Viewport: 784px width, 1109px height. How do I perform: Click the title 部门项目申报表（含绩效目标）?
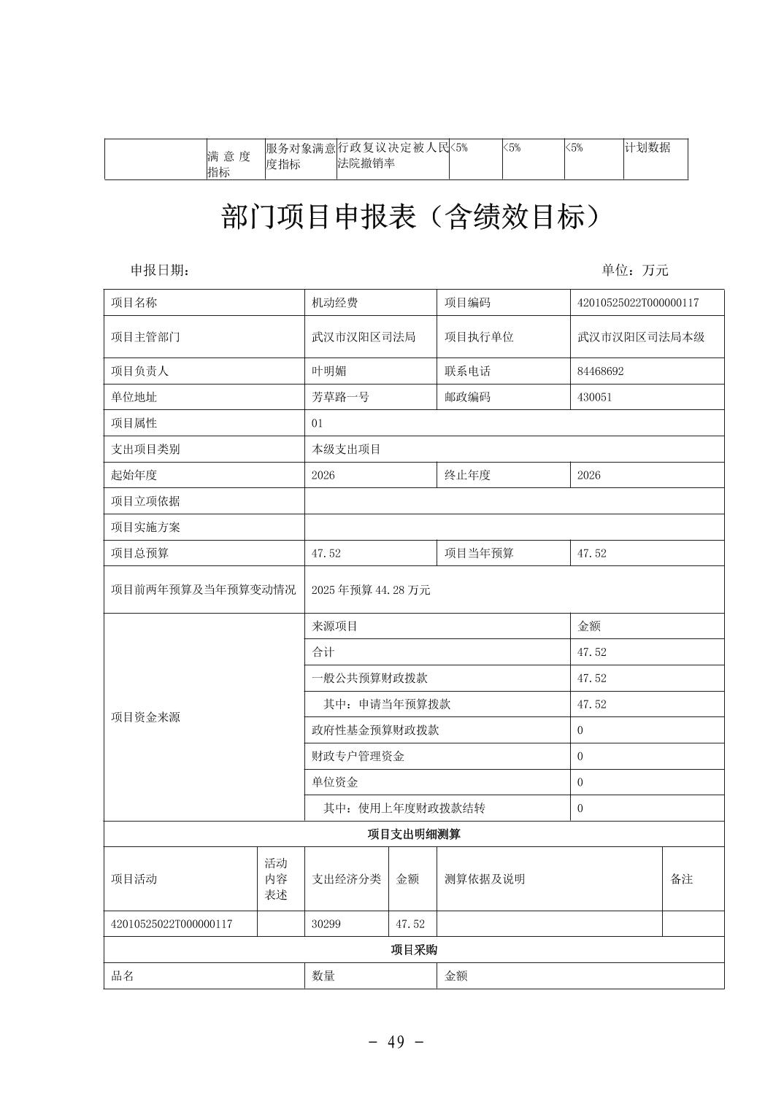tap(414, 217)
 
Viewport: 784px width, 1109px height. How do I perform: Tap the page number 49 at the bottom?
tap(396, 1042)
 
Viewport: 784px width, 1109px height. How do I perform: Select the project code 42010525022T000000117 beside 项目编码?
tap(637, 303)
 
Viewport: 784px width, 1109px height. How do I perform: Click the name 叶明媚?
tap(328, 371)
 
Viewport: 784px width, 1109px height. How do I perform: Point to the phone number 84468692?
tap(600, 371)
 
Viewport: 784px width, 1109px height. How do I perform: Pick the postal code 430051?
tap(594, 397)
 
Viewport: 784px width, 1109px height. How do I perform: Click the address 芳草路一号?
tap(340, 397)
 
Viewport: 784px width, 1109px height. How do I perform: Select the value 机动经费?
tap(334, 303)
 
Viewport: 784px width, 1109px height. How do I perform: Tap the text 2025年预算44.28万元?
tap(371, 590)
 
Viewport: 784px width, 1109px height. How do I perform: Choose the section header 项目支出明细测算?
tap(414, 834)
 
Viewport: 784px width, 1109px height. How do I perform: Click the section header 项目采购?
tap(414, 950)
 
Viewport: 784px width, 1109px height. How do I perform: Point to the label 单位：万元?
tap(634, 270)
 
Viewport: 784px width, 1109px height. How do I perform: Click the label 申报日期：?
tap(160, 270)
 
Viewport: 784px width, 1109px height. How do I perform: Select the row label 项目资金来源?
tap(145, 717)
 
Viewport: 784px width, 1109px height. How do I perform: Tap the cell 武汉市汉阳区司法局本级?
tap(640, 337)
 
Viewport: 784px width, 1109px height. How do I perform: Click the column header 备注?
tap(681, 879)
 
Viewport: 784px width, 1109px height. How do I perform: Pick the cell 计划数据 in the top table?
tap(647, 147)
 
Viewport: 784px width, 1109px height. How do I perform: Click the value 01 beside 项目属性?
tap(317, 423)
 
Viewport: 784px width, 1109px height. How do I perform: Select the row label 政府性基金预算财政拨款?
tap(375, 730)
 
